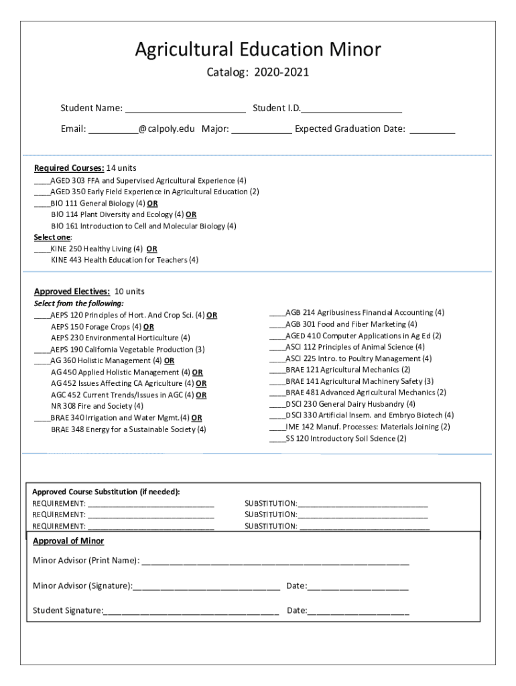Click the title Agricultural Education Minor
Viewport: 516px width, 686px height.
coord(258,50)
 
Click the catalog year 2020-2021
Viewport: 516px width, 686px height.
coord(281,72)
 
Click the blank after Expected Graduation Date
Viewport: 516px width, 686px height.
coord(432,129)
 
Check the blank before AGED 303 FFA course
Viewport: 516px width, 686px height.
coord(42,181)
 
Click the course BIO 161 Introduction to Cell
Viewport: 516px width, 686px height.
coord(143,226)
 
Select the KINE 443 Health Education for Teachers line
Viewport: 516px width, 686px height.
coord(125,260)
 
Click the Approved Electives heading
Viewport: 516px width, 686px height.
coord(72,291)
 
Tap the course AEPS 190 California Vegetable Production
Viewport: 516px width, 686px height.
coord(127,349)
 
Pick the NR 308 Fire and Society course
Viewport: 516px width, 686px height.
coord(97,406)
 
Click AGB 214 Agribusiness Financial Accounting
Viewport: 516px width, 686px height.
coord(365,312)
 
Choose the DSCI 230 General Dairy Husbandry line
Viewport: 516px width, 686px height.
coord(350,404)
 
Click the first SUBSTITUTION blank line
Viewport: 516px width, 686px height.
coord(363,504)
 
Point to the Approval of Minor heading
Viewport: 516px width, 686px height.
coord(68,541)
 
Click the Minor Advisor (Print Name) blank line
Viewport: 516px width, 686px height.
coord(275,561)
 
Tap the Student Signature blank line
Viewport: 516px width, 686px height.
coord(191,611)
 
